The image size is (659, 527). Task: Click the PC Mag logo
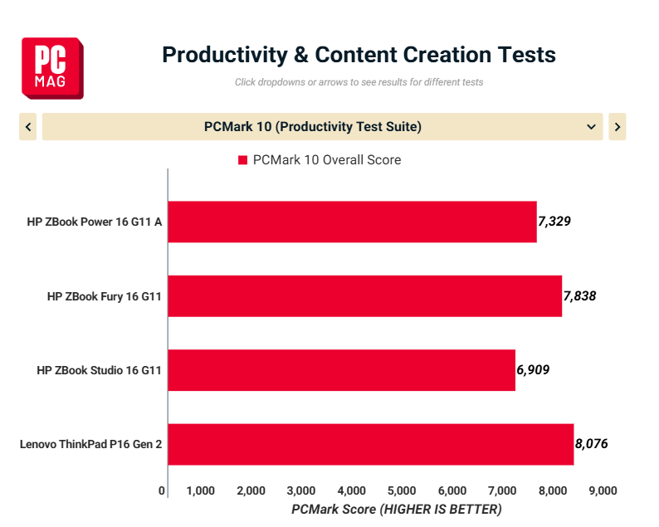click(52, 67)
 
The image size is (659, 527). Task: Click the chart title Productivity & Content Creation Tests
click(359, 55)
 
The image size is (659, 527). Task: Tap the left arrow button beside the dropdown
click(28, 127)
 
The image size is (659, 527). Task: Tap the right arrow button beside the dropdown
click(617, 127)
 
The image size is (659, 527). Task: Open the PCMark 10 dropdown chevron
click(591, 127)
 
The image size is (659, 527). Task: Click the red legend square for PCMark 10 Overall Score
click(243, 160)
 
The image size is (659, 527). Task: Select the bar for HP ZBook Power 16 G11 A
click(352, 222)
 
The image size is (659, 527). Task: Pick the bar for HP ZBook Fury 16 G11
click(364, 296)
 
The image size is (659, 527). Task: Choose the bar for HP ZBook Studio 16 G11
click(341, 370)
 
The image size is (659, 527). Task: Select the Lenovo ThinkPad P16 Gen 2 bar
click(370, 445)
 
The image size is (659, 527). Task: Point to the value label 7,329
click(555, 222)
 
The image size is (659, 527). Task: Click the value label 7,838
click(580, 296)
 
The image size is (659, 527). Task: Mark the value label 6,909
click(533, 370)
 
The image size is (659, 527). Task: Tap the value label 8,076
click(592, 445)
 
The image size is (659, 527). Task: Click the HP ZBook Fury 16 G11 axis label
click(104, 296)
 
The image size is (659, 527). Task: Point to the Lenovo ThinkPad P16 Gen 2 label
click(90, 445)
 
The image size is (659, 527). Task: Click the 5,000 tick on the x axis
click(402, 490)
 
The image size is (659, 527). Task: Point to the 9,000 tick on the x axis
click(603, 490)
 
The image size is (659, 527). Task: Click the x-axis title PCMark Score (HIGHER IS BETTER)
click(397, 509)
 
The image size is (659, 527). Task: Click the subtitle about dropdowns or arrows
click(359, 82)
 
